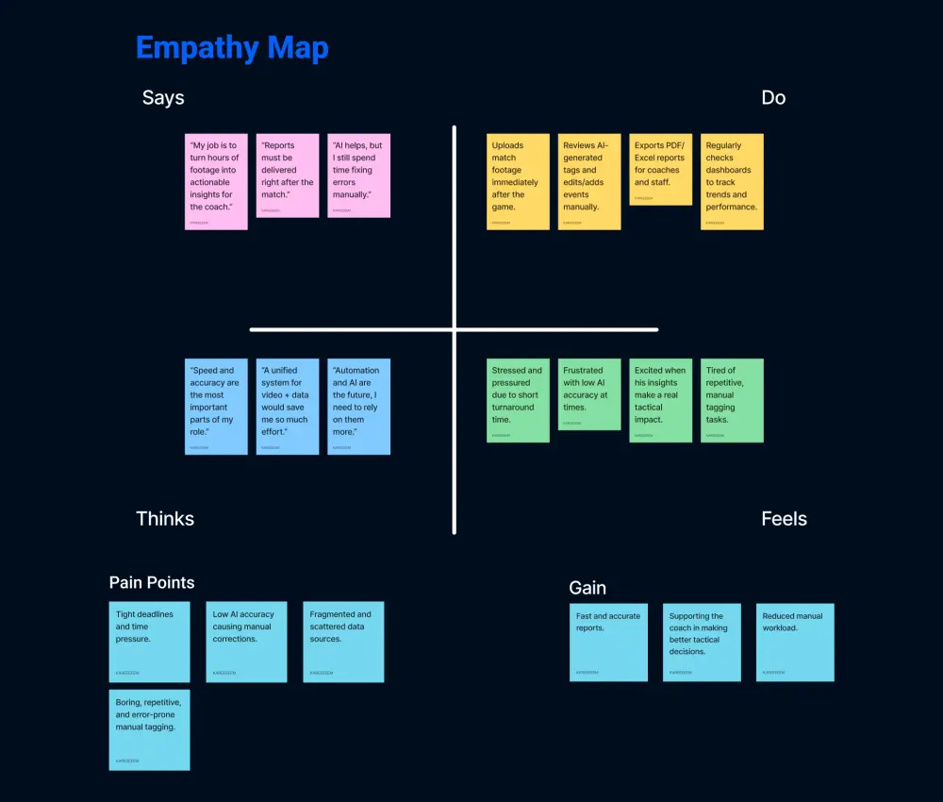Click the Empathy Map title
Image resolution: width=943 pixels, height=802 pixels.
point(232,48)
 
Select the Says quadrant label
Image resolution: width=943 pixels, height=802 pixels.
point(163,98)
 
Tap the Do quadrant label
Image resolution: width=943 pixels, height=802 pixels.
point(773,98)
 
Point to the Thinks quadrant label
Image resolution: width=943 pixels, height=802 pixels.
point(165,519)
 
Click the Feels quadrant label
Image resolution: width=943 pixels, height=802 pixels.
point(784,519)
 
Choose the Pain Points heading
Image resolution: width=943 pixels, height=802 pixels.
point(152,583)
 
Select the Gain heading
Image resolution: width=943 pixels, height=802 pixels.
point(587,588)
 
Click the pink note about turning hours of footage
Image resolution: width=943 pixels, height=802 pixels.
point(216,181)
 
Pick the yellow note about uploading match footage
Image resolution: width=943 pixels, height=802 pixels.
point(518,181)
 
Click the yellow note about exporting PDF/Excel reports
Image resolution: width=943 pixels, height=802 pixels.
point(661,169)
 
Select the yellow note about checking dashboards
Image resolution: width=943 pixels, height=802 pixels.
point(732,181)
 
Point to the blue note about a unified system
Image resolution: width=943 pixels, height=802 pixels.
point(288,406)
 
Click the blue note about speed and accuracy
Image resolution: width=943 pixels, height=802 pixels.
point(216,406)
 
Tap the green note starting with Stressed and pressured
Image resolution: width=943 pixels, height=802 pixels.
point(518,400)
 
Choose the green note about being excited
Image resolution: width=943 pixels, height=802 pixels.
point(661,400)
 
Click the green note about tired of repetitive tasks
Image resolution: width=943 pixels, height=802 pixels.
point(732,400)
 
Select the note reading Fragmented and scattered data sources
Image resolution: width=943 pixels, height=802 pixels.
point(343,642)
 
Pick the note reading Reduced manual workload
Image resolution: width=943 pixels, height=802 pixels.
point(794,642)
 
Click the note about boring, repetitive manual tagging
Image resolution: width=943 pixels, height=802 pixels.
point(149,729)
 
